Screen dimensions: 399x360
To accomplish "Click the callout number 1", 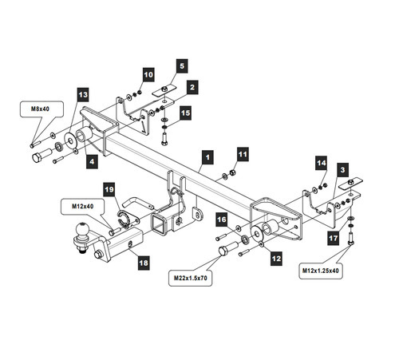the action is click(x=207, y=157).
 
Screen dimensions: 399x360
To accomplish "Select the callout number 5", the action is click(x=182, y=66).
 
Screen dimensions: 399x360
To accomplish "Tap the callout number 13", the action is click(x=83, y=95).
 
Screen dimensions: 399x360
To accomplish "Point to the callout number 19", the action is click(x=109, y=189).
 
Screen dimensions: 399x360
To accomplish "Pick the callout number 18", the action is click(x=144, y=263).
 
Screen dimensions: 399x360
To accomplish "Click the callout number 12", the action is click(x=276, y=259).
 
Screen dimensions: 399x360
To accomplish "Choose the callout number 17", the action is click(x=334, y=238).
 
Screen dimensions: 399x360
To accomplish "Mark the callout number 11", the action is click(x=243, y=154).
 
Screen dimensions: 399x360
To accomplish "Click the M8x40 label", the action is click(x=40, y=109).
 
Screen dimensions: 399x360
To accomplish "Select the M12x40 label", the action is click(x=83, y=206).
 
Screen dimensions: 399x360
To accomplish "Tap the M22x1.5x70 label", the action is click(x=191, y=278).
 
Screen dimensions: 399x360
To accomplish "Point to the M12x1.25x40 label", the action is click(x=321, y=271).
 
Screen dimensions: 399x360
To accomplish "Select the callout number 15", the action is click(x=185, y=113).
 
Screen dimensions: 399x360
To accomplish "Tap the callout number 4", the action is click(x=92, y=161).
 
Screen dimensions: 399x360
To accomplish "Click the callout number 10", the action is click(x=148, y=74).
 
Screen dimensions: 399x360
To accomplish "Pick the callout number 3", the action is click(x=342, y=170).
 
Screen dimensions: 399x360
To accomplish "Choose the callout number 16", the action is click(x=222, y=220).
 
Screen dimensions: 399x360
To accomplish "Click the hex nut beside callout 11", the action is click(x=232, y=172).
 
